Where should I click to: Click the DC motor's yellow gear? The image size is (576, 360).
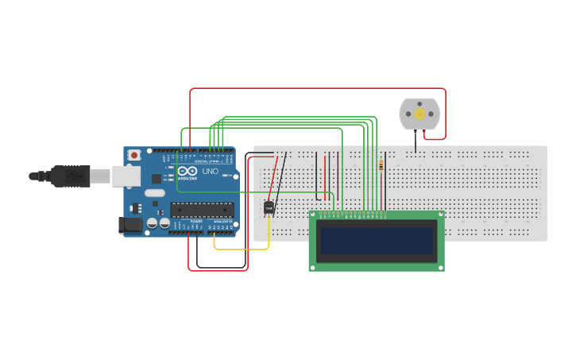point(419,114)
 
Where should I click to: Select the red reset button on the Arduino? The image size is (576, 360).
point(134,154)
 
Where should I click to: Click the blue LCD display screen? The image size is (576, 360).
point(377,240)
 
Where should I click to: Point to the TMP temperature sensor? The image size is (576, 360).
point(269,208)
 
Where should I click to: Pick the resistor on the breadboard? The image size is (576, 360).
point(381,165)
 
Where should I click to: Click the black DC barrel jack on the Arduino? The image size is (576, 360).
point(130,226)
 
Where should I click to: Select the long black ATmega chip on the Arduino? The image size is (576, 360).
point(202,210)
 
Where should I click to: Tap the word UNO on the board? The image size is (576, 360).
point(210,172)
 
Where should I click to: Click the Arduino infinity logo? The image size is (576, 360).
point(188,172)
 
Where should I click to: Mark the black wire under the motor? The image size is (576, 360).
point(416,141)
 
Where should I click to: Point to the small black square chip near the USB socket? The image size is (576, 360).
point(157,179)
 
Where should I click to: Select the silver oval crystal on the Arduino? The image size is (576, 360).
point(155,193)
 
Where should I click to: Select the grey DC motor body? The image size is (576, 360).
point(419,114)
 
